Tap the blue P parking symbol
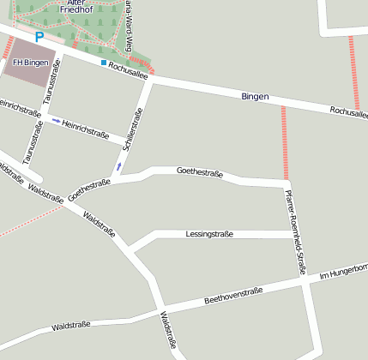39,37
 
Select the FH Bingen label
30,63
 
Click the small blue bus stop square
103,63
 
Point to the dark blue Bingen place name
255,97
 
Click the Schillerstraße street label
134,130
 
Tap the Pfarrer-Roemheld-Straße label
296,231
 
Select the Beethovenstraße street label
232,297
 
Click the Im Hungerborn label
343,272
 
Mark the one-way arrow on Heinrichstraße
57,121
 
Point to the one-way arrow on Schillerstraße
118,165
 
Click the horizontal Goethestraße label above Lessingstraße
199,173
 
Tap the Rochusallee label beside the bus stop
129,71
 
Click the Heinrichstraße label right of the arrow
85,129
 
